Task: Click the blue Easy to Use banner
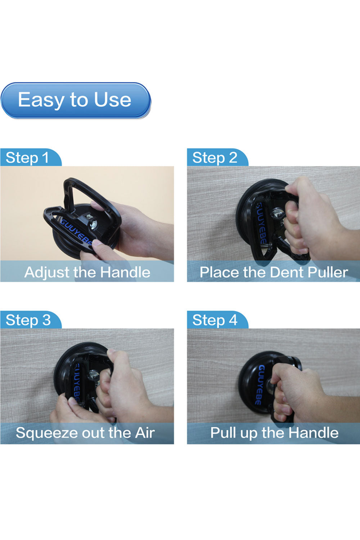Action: click(76, 100)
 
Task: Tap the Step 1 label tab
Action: click(31, 157)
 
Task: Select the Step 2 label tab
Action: click(217, 157)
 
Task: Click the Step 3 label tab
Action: click(31, 320)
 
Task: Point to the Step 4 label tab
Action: click(217, 320)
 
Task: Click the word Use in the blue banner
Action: click(112, 100)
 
